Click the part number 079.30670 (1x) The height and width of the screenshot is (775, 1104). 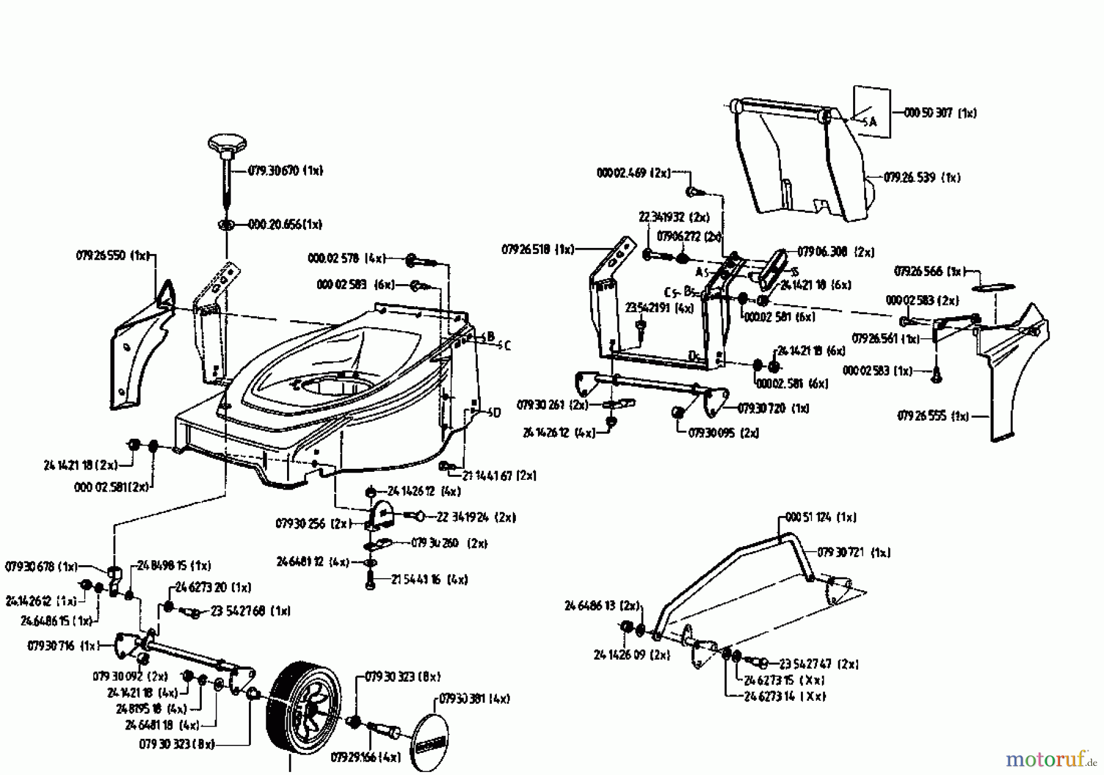(286, 171)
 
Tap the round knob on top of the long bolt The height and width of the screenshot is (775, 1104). (226, 145)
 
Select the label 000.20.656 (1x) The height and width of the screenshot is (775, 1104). (285, 224)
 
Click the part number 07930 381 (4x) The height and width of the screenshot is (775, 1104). (475, 698)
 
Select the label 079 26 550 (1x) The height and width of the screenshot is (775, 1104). (112, 255)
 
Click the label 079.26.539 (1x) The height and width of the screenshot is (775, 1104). (922, 177)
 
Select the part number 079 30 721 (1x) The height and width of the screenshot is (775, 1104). (854, 552)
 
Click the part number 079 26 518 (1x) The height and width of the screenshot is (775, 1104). (538, 249)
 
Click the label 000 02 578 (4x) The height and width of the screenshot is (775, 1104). (347, 259)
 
